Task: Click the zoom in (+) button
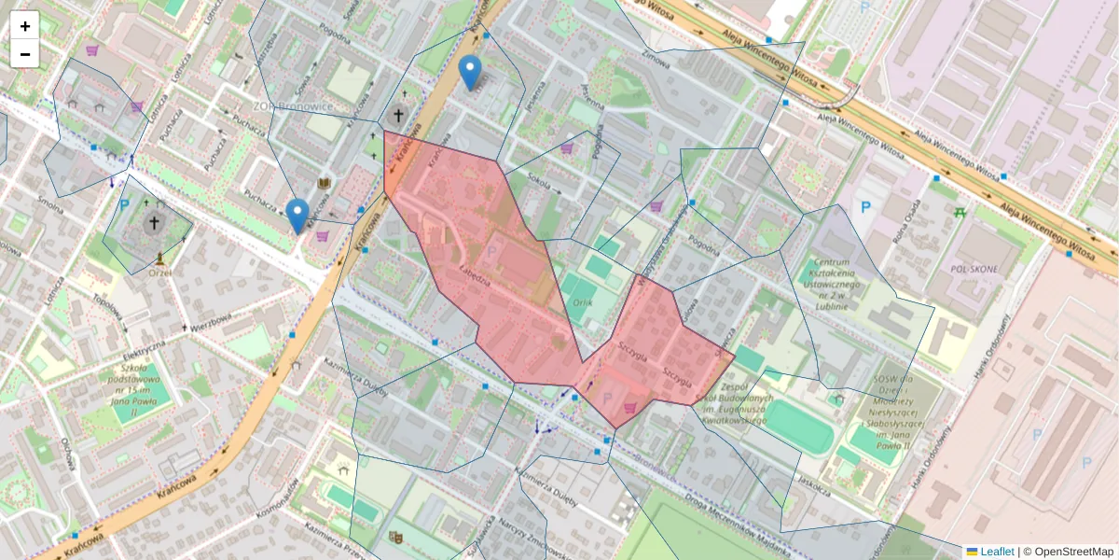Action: (25, 26)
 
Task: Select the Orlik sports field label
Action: (584, 302)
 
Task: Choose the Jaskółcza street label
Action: (813, 486)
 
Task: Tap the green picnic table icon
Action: (960, 212)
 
